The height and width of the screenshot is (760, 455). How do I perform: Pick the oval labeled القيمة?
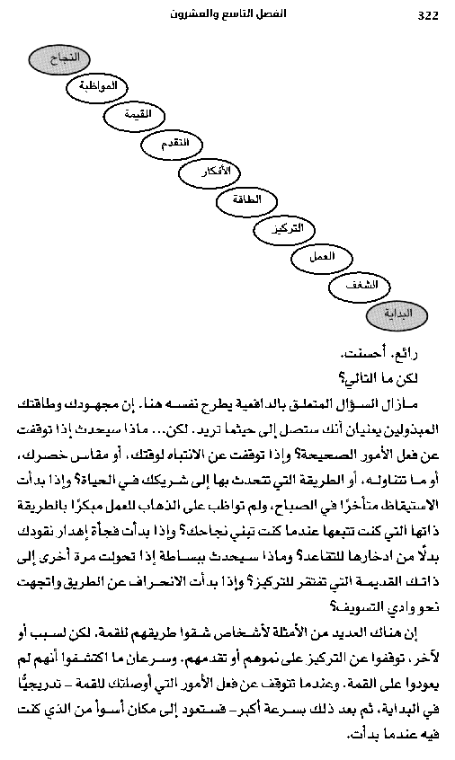[x=139, y=117]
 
